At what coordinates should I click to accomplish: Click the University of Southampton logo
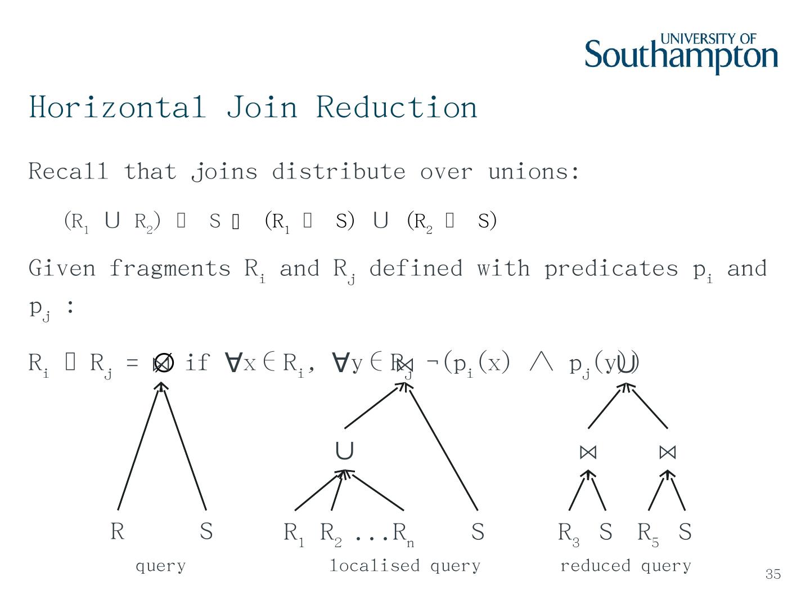click(681, 54)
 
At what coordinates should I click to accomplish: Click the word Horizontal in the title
click(117, 107)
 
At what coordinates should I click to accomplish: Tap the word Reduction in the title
click(397, 107)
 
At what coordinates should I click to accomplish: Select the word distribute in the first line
click(338, 171)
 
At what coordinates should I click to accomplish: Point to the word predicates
click(611, 269)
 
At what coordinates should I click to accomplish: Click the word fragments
click(169, 269)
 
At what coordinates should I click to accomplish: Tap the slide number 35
click(773, 574)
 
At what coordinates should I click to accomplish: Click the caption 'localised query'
click(404, 565)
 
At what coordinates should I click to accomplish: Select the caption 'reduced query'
click(625, 565)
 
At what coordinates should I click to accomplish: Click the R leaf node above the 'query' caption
click(117, 531)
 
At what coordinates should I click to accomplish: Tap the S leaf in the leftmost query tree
click(206, 531)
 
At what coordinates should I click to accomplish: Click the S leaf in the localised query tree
click(478, 531)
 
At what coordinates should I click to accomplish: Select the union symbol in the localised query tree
click(344, 451)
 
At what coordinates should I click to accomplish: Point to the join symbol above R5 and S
click(668, 452)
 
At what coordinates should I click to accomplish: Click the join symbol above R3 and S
click(588, 452)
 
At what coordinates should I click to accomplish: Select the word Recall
click(67, 171)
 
